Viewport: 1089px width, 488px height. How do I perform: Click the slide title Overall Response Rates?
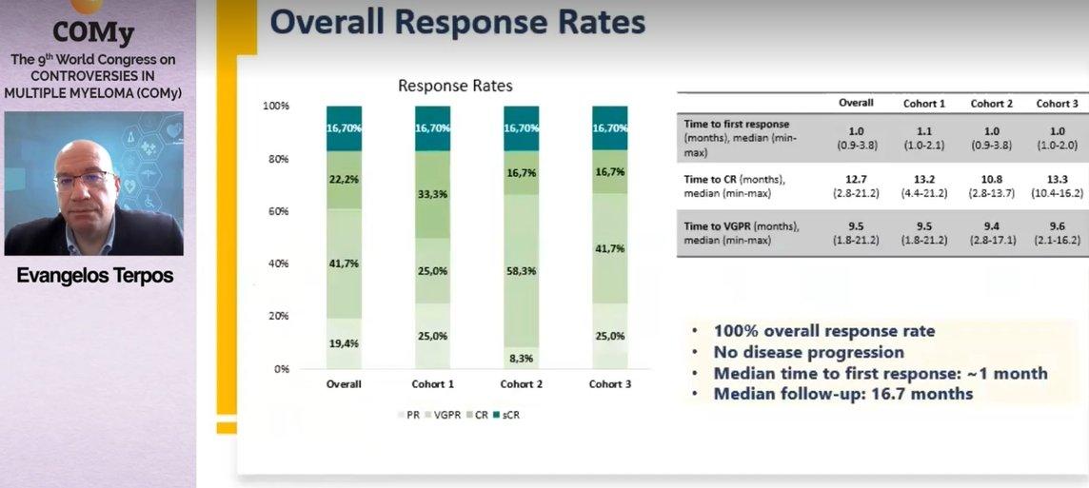click(458, 22)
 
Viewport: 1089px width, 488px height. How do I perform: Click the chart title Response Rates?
click(455, 86)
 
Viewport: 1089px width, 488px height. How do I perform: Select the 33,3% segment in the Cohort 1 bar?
click(433, 195)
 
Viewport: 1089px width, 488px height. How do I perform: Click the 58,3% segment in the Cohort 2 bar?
click(521, 271)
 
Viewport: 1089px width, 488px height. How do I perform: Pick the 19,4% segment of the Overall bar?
click(345, 343)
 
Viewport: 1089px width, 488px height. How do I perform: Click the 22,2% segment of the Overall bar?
click(345, 180)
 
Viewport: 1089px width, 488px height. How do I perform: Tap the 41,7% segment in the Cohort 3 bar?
click(610, 248)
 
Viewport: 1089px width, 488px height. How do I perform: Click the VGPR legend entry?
click(445, 415)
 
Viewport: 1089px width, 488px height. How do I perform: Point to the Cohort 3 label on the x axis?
click(610, 384)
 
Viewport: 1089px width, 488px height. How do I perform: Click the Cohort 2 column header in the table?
click(991, 104)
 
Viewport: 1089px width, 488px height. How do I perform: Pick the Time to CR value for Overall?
click(856, 186)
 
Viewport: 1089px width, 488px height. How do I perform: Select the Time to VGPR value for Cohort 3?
click(1057, 232)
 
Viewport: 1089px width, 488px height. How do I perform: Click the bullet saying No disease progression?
click(808, 352)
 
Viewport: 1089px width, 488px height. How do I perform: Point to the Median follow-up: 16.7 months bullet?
click(843, 394)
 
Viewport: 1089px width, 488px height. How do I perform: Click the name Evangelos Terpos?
click(94, 276)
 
